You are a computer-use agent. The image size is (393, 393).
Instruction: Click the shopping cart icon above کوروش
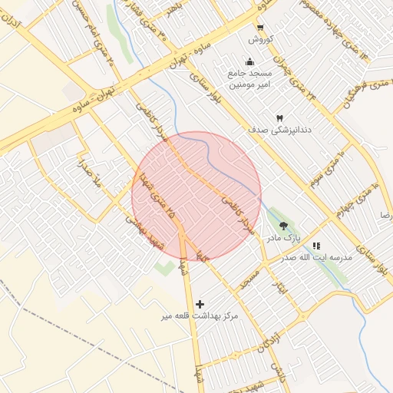pyautogui.click(x=260, y=28)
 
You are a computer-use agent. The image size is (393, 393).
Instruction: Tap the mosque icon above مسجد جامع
pyautogui.click(x=249, y=61)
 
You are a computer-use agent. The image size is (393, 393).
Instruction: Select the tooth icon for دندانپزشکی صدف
pyautogui.click(x=279, y=117)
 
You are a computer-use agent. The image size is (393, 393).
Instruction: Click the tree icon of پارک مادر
pyautogui.click(x=284, y=226)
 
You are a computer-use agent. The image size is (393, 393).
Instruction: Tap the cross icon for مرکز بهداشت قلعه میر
pyautogui.click(x=200, y=304)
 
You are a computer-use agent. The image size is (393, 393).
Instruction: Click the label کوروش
pyautogui.click(x=260, y=39)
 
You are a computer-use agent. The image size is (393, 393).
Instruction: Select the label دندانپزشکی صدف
pyautogui.click(x=278, y=130)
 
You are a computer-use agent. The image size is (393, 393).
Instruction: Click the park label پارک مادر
pyautogui.click(x=283, y=239)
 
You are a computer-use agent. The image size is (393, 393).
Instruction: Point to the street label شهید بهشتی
pyautogui.click(x=146, y=230)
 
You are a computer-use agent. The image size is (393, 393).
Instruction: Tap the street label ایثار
pyautogui.click(x=281, y=285)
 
